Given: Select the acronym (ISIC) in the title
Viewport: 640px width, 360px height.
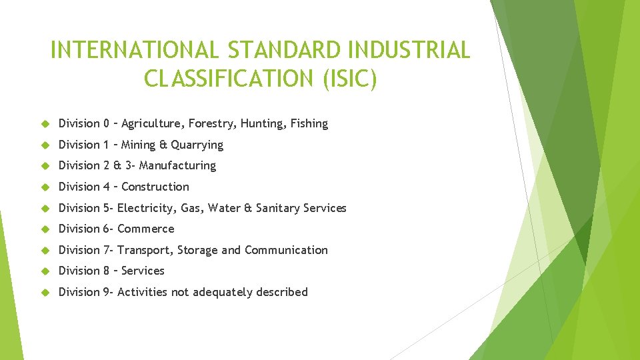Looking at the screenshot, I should (350, 78).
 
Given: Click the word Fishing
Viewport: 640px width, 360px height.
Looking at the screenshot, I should (309, 123).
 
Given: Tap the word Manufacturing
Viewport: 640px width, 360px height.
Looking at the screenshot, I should (177, 165).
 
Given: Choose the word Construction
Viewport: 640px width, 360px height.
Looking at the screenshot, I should (155, 187).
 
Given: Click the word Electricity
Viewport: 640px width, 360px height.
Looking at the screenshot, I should (147, 208).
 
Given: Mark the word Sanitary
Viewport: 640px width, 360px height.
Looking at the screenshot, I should (277, 208).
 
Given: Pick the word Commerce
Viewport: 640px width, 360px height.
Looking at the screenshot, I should (145, 229).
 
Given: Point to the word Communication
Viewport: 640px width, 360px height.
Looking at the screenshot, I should (286, 250).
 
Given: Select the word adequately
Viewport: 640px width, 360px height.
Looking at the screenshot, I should (223, 292).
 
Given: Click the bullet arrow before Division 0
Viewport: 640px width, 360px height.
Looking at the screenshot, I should (45, 124).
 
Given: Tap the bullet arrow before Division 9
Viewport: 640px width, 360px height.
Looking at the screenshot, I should (45, 293).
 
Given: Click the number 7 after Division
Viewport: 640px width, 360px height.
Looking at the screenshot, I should (107, 250).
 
